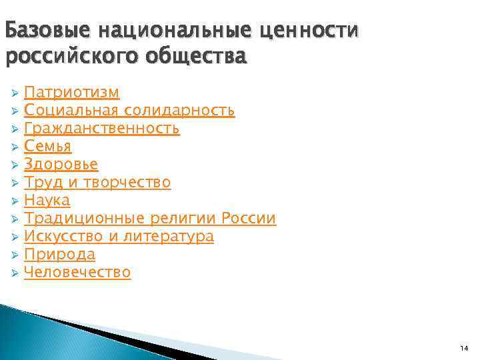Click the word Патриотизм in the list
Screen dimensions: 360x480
coord(71,91)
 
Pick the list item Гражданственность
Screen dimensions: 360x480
coord(101,127)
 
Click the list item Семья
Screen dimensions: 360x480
coord(47,145)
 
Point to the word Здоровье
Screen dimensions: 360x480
coord(61,163)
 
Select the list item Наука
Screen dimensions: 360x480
coord(47,200)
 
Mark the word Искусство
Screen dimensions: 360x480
coord(62,236)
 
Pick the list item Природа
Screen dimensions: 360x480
coord(59,254)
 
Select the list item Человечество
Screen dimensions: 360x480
coord(77,272)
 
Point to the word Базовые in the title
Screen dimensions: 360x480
coord(47,30)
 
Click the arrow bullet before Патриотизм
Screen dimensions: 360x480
coord(15,92)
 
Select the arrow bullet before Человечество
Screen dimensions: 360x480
coord(15,273)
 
